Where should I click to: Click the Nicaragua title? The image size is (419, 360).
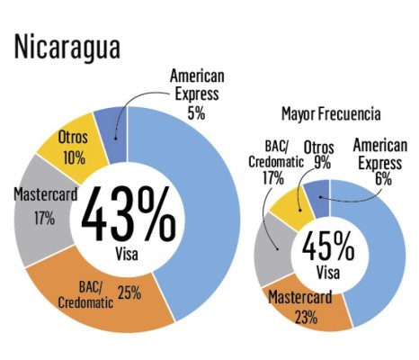(x=67, y=48)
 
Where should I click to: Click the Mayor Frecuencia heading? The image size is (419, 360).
(x=331, y=114)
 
